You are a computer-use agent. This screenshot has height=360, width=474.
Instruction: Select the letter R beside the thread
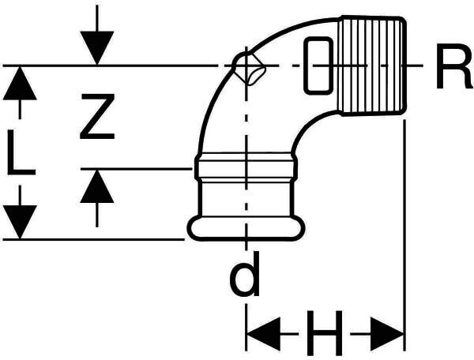pos(453,72)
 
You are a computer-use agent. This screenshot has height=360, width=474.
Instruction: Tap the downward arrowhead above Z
pos(96,47)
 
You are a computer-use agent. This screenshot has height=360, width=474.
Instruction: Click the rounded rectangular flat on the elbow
pos(317,64)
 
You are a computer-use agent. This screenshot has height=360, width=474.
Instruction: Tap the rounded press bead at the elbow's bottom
pos(246,228)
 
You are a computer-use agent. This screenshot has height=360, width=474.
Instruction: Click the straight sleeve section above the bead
pos(246,197)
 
